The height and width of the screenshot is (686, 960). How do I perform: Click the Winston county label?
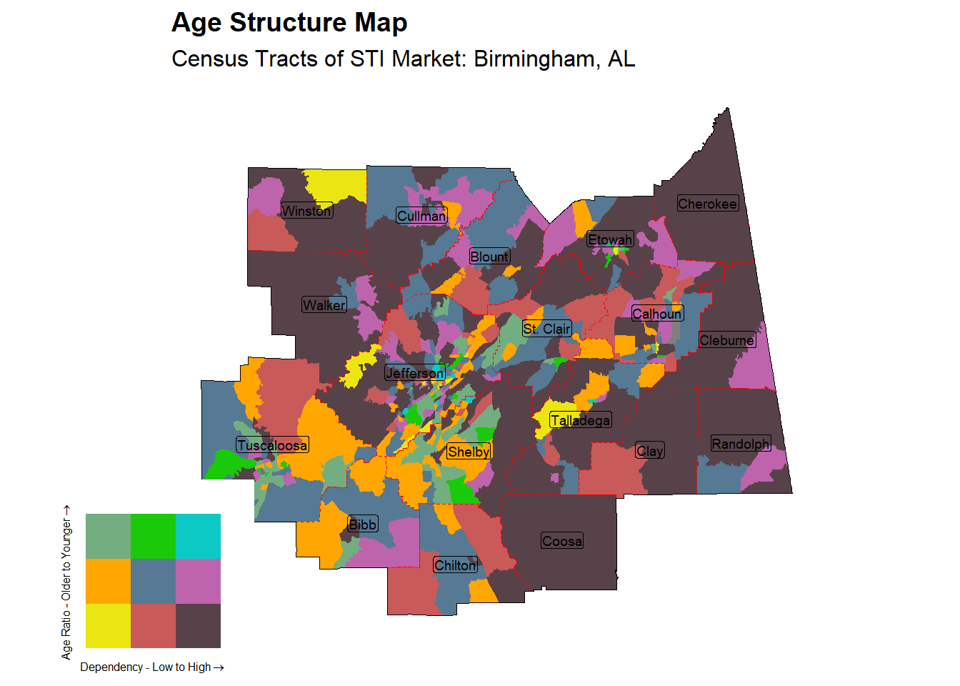tap(306, 211)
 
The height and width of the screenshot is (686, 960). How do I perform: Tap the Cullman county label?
tap(421, 216)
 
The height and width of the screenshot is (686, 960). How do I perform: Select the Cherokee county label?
tap(707, 204)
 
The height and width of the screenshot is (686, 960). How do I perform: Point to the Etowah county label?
tap(610, 239)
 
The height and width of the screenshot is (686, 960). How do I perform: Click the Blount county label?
tap(489, 257)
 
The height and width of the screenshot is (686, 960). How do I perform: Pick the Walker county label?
tap(324, 305)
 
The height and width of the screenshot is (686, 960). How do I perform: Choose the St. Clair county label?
tap(547, 329)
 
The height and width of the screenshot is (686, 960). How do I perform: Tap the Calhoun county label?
tap(657, 314)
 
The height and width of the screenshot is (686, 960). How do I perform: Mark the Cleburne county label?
tap(726, 340)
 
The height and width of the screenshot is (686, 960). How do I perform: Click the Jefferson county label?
tap(415, 373)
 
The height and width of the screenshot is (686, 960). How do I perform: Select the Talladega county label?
tap(580, 420)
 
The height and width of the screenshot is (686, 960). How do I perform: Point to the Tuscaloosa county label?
tap(272, 445)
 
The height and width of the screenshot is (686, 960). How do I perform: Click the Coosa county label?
tap(562, 541)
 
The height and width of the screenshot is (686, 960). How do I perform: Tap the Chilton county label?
tap(455, 565)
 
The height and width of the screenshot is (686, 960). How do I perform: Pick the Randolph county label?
tap(740, 444)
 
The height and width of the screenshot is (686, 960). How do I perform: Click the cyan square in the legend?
tap(198, 536)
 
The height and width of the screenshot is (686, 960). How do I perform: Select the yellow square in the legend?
tap(108, 626)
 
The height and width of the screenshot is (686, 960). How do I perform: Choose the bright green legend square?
tap(153, 536)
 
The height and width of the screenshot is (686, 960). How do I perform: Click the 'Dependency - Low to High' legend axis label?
tap(151, 667)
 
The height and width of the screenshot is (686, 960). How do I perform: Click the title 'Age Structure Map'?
tap(289, 23)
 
